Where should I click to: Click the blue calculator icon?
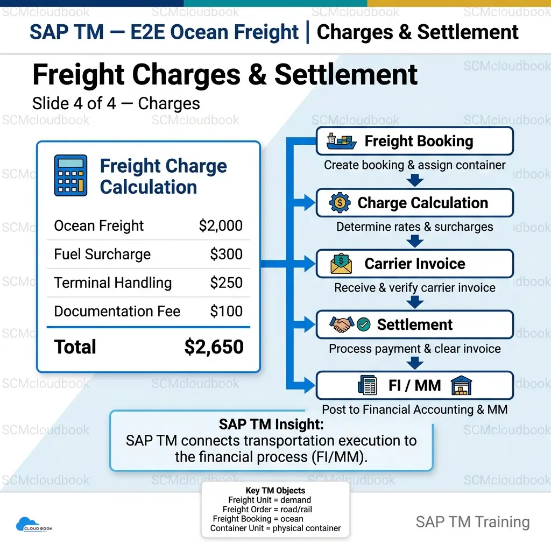tap(70, 175)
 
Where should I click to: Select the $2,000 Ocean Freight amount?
tap(221, 225)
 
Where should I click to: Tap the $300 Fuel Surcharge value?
tap(227, 254)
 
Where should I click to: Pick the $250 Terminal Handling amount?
tap(227, 282)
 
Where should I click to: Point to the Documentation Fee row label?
tap(117, 311)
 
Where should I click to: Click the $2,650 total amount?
tap(214, 347)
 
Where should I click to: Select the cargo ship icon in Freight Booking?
tap(341, 142)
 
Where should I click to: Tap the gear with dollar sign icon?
tap(340, 203)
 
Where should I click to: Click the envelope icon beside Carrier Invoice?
tap(341, 264)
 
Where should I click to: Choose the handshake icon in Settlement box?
tap(342, 324)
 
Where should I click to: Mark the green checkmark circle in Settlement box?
tap(363, 324)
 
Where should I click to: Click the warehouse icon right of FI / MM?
tap(461, 385)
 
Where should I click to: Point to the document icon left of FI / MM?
tap(367, 385)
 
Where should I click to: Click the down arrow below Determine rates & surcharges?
tap(415, 242)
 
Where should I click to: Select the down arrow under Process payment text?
tap(415, 363)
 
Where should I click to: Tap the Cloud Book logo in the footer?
tap(34, 524)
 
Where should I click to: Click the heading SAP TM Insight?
tap(271, 424)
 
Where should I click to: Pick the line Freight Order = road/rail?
tap(267, 509)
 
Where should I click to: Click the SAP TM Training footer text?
tap(472, 522)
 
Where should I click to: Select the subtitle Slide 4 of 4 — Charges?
tap(116, 104)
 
